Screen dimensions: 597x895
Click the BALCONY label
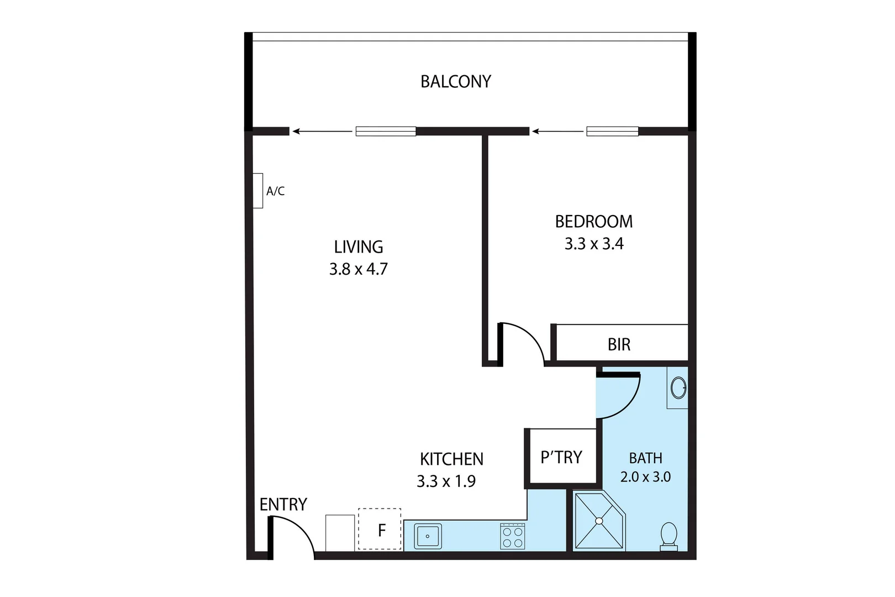[455, 82]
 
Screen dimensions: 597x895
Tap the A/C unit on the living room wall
[258, 191]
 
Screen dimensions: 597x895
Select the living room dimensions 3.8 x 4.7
[358, 269]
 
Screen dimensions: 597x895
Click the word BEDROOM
[594, 222]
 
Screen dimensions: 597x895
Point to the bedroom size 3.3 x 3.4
[594, 244]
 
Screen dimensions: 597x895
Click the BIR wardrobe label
[619, 345]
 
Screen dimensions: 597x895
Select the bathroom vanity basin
[678, 387]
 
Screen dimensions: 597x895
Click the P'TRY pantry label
[561, 458]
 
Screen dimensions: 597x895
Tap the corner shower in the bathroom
[599, 521]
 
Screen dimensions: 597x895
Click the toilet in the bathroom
[669, 536]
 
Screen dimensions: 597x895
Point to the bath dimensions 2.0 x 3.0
[645, 477]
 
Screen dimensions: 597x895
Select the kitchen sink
[428, 536]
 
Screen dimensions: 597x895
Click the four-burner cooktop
[512, 536]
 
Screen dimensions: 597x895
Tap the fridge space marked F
[380, 530]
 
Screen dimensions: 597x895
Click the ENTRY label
[283, 505]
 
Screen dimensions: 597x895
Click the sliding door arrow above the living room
[322, 132]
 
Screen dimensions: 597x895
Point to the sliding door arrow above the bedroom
[557, 132]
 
